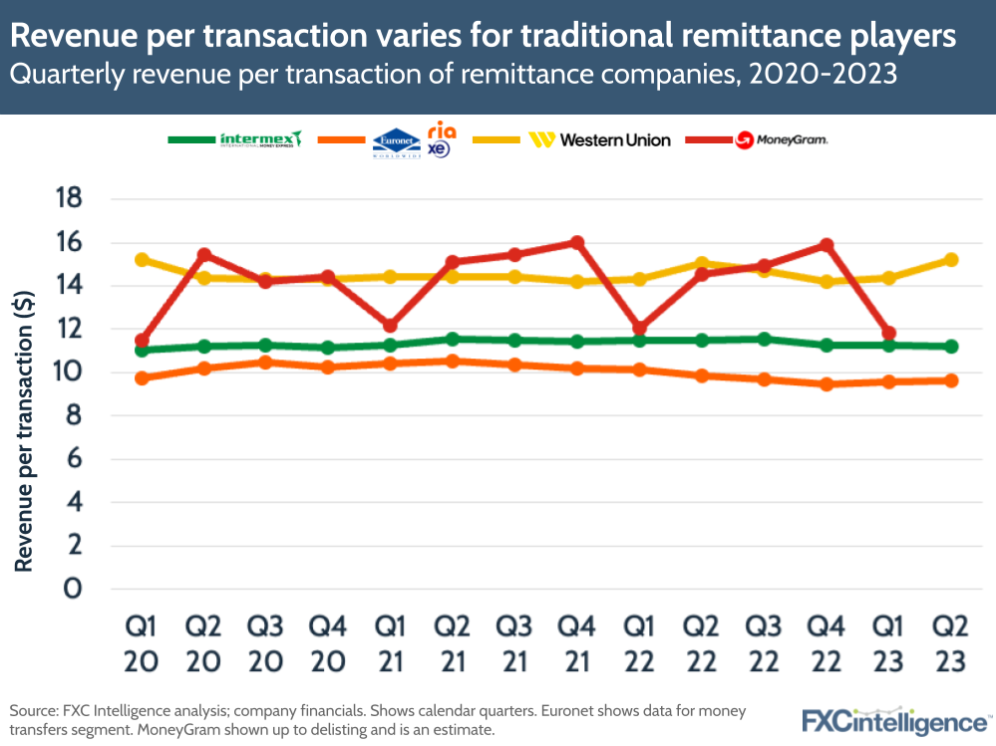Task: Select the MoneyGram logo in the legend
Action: [x=782, y=140]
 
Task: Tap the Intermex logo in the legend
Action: [x=260, y=139]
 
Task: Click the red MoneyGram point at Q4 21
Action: [x=576, y=242]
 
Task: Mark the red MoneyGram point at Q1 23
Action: [x=889, y=334]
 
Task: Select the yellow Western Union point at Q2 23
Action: [x=951, y=260]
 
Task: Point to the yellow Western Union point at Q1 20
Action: [x=142, y=260]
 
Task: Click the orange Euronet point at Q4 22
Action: [x=827, y=383]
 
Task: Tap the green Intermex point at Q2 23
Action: [x=951, y=347]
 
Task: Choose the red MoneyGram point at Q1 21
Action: [x=391, y=326]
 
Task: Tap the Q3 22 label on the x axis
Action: [x=764, y=644]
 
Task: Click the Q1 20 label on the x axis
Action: [x=142, y=644]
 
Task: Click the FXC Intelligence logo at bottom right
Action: [x=895, y=720]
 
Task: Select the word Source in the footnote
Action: [x=34, y=711]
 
